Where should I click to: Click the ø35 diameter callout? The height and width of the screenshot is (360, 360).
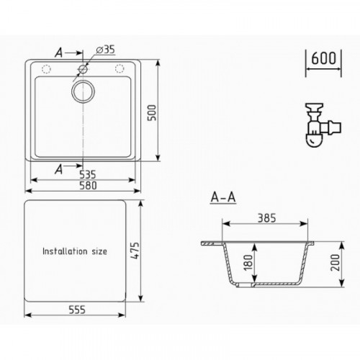tap(105, 50)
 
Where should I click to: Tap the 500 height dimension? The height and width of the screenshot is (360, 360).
tap(152, 112)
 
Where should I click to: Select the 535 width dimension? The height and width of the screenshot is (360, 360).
tap(88, 174)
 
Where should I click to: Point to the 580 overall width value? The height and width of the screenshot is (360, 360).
tap(88, 186)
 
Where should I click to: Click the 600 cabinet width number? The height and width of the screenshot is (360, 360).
tap(323, 58)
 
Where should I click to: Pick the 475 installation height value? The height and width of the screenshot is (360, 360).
tap(135, 251)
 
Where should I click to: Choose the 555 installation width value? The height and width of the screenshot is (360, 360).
tap(77, 310)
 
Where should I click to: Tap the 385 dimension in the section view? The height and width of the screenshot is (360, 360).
tap(266, 218)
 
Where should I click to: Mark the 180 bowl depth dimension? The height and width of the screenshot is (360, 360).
tap(248, 263)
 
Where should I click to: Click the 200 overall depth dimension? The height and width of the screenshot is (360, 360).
tap(336, 263)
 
